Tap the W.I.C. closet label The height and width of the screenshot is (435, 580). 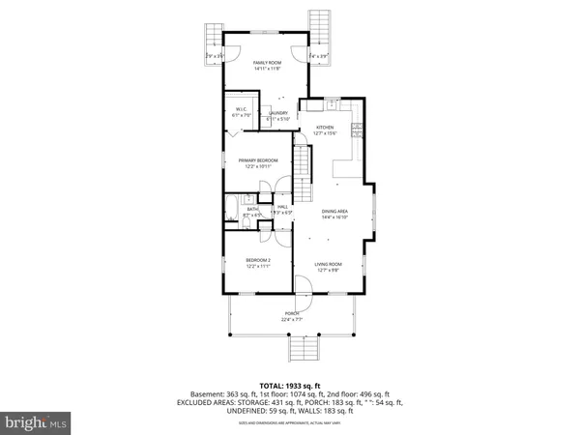(x=237, y=109)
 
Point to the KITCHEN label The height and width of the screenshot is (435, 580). (x=325, y=129)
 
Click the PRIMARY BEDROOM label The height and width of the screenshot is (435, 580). (x=258, y=160)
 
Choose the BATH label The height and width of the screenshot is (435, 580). (x=252, y=208)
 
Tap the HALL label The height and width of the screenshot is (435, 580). (x=282, y=207)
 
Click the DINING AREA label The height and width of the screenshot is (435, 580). (x=334, y=211)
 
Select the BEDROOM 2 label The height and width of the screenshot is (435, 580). (x=257, y=261)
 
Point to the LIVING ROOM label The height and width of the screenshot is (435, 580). (x=329, y=264)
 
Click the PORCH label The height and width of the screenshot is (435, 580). (x=292, y=313)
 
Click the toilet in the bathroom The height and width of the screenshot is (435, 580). (x=246, y=224)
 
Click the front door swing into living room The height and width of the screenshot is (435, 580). (x=302, y=286)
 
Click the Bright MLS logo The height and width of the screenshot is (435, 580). (x=37, y=422)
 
